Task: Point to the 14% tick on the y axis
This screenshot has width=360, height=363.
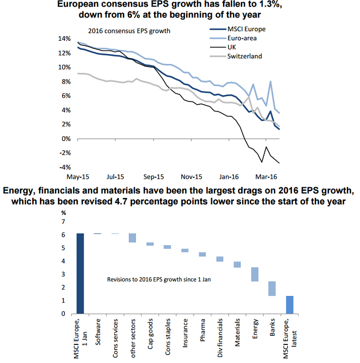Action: pyautogui.click(x=64, y=39)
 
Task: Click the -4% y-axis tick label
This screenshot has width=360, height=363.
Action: pyautogui.click(x=65, y=167)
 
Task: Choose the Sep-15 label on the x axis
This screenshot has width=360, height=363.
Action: pyautogui.click(x=154, y=177)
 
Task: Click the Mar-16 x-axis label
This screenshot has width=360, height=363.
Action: pyautogui.click(x=266, y=177)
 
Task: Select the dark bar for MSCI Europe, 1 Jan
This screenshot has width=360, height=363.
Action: pyautogui.click(x=80, y=274)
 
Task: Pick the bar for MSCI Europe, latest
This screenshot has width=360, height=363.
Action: pyautogui.click(x=290, y=305)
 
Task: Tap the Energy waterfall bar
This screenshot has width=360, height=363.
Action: pyautogui.click(x=255, y=274)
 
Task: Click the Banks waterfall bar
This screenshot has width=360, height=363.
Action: pyautogui.click(x=272, y=288)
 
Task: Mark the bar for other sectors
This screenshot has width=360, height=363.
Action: pyautogui.click(x=132, y=238)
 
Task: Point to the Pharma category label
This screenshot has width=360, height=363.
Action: pyautogui.click(x=202, y=330)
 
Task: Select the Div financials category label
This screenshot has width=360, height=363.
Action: pyautogui.click(x=220, y=338)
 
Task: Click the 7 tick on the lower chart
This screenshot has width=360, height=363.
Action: pyautogui.click(x=63, y=222)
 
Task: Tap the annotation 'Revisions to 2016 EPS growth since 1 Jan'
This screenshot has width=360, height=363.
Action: pyautogui.click(x=159, y=279)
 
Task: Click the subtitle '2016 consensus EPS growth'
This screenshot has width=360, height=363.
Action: pyautogui.click(x=129, y=31)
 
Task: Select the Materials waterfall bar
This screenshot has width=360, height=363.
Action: pyautogui.click(x=237, y=265)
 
